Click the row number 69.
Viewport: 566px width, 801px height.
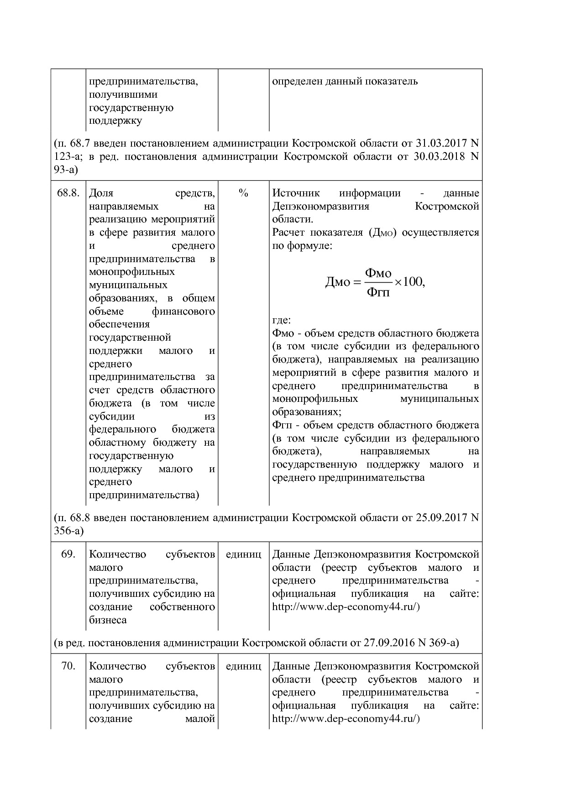point(68,554)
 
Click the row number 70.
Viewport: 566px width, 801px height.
point(68,666)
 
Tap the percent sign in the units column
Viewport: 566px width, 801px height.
point(243,194)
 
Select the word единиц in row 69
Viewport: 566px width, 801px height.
point(243,554)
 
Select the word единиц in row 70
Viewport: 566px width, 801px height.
point(243,666)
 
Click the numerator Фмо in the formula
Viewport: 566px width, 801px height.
point(378,273)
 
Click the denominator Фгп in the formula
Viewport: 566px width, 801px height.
point(378,292)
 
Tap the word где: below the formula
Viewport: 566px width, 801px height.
point(281,320)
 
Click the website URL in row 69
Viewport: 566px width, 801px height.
point(346,607)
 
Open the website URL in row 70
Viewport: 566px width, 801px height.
point(346,719)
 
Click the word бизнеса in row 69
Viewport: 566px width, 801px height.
point(108,620)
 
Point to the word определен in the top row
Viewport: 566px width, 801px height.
point(297,82)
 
